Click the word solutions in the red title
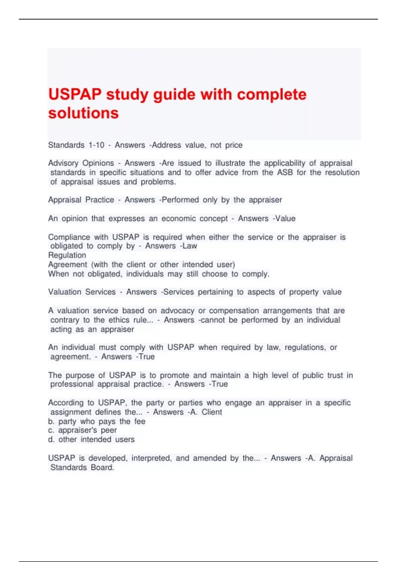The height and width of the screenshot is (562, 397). click(83, 113)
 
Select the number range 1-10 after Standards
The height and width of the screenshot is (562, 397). click(96, 145)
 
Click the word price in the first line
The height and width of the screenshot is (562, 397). click(234, 145)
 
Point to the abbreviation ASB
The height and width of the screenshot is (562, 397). click(285, 173)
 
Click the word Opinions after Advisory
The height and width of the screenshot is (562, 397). click(98, 163)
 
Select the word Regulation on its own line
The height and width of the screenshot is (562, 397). click(67, 255)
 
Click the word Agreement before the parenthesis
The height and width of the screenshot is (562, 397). click(68, 264)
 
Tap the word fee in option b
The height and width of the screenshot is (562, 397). click(140, 421)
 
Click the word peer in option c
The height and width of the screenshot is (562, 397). click(109, 430)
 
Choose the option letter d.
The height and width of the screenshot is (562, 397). click(51, 440)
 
